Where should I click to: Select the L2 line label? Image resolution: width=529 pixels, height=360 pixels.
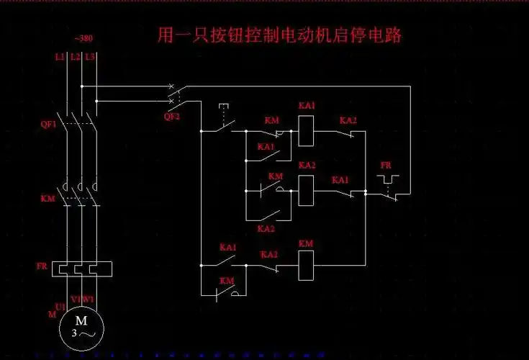tap(75, 56)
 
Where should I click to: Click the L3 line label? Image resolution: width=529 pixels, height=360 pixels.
tap(90, 56)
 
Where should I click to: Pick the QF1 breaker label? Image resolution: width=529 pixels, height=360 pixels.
tap(48, 124)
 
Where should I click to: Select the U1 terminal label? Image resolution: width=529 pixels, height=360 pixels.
tap(60, 307)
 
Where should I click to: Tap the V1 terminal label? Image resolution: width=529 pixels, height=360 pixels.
tap(75, 299)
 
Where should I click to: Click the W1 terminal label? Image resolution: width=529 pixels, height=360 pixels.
tap(89, 299)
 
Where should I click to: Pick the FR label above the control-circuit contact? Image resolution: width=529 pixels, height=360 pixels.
tap(386, 166)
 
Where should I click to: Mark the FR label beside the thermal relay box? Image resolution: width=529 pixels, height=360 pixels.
tap(42, 266)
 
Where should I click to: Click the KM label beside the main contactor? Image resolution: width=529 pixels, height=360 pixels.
tap(47, 197)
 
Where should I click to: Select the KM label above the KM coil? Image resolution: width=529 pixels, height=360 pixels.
tap(306, 243)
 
